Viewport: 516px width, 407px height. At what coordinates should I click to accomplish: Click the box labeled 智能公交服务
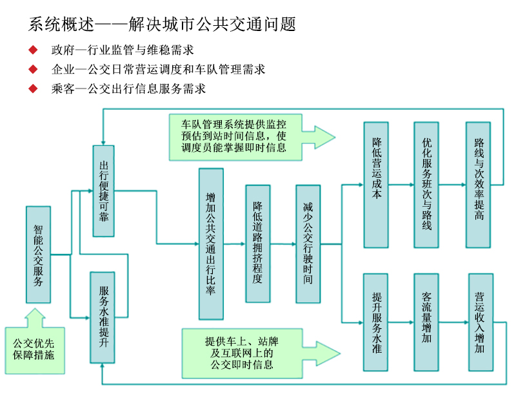point(38,255)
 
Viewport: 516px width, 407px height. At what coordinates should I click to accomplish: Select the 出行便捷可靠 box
point(103,193)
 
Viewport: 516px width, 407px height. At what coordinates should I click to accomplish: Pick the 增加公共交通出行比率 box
point(211,244)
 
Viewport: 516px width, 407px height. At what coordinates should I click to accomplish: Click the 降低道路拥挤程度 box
point(257,244)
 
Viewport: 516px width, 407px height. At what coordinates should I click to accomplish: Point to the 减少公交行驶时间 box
point(308,244)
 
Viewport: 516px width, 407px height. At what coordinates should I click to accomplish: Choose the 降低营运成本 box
point(377,184)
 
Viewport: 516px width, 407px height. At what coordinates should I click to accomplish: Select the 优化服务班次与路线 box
point(426,184)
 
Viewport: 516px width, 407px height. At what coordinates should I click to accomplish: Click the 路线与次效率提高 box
point(479,184)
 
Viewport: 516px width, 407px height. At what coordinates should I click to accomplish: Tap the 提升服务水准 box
point(377,322)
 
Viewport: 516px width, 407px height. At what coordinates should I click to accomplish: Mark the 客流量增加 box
point(426,322)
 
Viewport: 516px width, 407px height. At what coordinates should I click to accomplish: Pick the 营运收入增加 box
point(481,322)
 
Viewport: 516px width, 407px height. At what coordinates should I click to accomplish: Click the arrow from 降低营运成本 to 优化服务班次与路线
point(401,185)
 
